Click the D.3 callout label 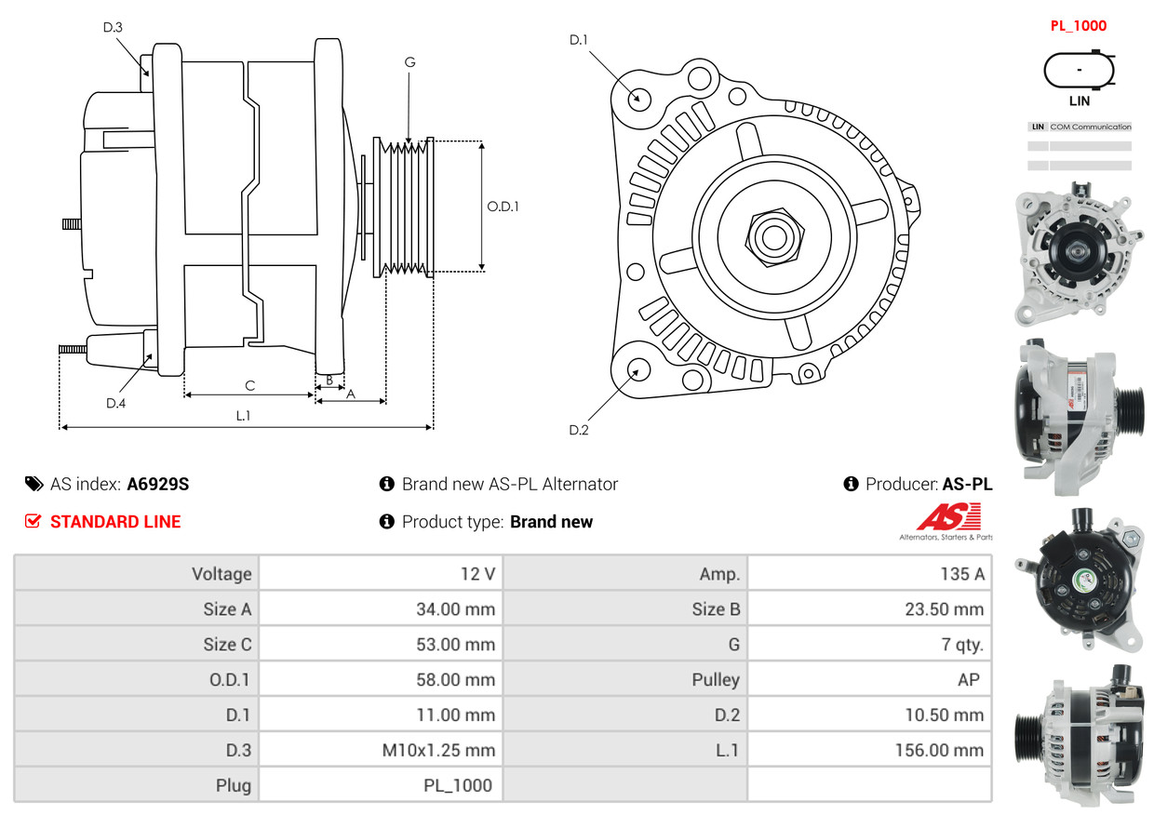pos(112,27)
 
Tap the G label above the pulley pos(409,62)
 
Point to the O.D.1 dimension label pos(503,207)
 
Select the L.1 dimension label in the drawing pos(243,416)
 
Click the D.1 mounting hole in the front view pos(638,98)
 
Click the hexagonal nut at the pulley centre pos(772,236)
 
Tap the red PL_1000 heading pos(1079,26)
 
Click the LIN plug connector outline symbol pos(1079,71)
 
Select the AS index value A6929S pos(158,484)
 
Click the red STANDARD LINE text pos(115,522)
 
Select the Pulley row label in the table pos(716,679)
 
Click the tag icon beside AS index pos(34,484)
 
